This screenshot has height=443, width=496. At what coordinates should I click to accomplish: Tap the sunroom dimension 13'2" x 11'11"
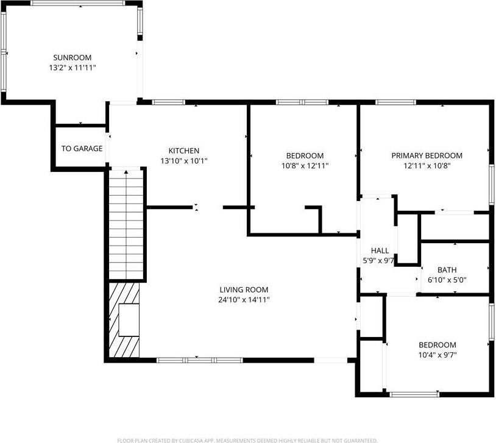pos(72,68)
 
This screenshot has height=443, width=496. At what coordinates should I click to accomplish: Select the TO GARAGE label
pos(82,149)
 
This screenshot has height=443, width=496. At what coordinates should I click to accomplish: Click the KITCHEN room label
pos(183,151)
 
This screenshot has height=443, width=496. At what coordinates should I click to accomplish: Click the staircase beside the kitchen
pos(127,225)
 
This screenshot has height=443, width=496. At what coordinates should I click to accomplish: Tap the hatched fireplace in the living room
pos(124,320)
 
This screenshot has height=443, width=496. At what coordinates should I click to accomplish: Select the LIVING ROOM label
pos(244,289)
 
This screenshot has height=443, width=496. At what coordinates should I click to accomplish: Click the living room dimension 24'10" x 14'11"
pos(244,299)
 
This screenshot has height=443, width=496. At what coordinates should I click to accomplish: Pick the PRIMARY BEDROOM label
pos(427,155)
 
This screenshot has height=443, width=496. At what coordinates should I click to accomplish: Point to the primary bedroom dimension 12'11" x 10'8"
pos(427,165)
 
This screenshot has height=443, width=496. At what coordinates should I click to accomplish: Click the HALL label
pos(380,250)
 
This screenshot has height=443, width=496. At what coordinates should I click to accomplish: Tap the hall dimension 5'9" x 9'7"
pos(380,260)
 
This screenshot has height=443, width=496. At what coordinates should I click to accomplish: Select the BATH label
pos(447,270)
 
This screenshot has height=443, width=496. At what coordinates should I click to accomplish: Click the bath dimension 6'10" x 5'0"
pos(447,280)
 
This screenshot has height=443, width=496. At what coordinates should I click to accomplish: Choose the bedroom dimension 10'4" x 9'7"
pos(437,354)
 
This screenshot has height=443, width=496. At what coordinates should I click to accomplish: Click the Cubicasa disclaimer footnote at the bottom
pos(247,439)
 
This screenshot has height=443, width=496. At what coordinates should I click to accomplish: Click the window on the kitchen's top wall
pos(169,102)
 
